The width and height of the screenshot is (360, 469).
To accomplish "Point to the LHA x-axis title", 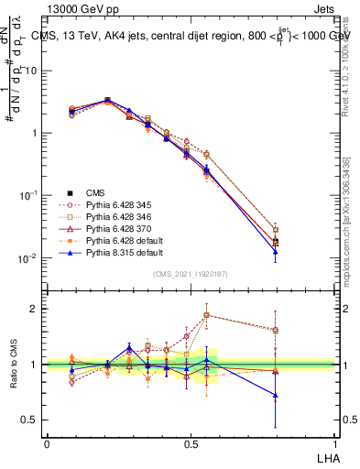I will (x=326, y=457).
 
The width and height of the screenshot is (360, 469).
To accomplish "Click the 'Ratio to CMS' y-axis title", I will (x=21, y=363).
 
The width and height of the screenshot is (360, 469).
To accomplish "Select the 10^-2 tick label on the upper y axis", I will (x=28, y=258).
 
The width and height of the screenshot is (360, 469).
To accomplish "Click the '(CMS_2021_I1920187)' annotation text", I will (x=191, y=274).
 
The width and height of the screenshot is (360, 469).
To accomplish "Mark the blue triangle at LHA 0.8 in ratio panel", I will (x=276, y=396).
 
